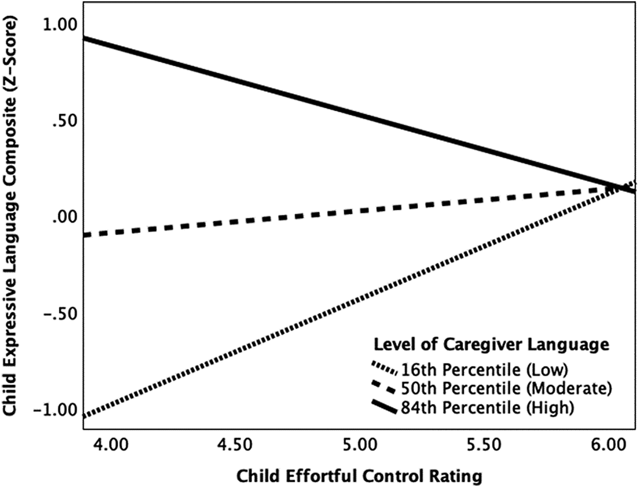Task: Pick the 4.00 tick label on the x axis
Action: tap(109, 445)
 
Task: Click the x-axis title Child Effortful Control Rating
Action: tap(359, 475)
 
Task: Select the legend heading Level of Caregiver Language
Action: tap(491, 345)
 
